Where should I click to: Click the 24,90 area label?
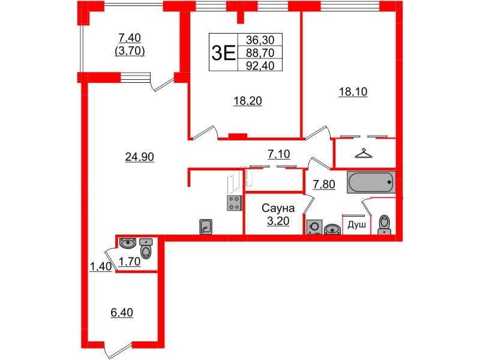point(139,157)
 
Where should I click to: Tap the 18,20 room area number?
point(248,100)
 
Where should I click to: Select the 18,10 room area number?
point(353,92)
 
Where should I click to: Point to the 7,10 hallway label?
point(279,154)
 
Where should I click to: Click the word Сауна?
point(278,208)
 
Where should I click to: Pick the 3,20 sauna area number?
point(278,221)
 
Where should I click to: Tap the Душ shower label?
point(356,225)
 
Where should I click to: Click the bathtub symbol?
point(371,182)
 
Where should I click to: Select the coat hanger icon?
point(364,153)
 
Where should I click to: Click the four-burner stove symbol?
point(234,203)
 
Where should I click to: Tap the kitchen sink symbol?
point(206,227)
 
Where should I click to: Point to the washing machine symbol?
point(314,227)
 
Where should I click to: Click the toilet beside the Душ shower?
point(384,224)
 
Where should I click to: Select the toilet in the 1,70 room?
point(146,248)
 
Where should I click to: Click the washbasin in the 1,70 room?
point(128,243)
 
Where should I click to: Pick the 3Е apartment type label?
point(223,53)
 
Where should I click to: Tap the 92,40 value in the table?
point(260,65)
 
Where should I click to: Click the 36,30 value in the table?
point(260,40)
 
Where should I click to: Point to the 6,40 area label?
point(122,313)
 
